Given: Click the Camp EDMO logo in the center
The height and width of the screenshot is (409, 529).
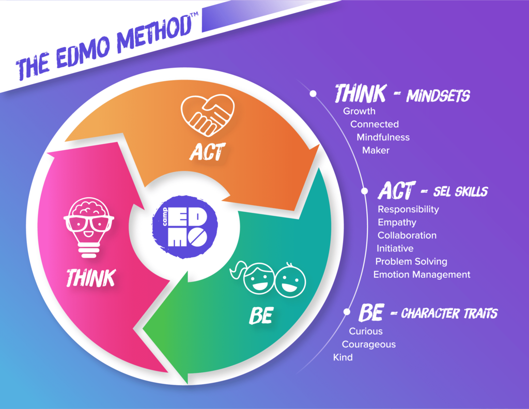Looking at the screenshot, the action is (185, 227).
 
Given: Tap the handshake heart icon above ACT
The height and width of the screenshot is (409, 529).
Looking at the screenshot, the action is (208, 115).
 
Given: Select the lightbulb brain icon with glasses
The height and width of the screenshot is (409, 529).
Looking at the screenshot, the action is (89, 228).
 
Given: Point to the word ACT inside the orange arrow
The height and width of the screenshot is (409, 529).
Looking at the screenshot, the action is (207, 152).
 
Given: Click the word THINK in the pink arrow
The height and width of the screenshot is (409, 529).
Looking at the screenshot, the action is (91, 278).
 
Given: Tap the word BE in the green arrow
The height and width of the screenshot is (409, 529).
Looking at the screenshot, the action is (261, 316).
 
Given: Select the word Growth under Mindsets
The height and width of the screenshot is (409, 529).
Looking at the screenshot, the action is (360, 111).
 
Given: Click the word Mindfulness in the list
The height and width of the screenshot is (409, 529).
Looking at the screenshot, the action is (383, 137).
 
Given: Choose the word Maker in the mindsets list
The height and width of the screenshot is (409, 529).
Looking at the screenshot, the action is (376, 150).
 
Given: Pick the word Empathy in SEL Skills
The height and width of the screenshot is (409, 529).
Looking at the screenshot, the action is (397, 223).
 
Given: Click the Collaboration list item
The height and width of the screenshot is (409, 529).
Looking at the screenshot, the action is (407, 235).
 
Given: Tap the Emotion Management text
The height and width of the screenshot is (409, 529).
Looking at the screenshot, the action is (422, 275).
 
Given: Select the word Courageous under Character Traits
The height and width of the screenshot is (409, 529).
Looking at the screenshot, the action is (369, 344).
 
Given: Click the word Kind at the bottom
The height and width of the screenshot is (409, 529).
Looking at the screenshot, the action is (343, 357).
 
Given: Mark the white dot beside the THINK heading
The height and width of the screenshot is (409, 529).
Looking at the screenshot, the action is (313, 93).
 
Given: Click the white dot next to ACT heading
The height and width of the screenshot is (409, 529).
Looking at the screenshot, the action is (364, 191).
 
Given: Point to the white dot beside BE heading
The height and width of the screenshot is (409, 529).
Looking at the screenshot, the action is (347, 312).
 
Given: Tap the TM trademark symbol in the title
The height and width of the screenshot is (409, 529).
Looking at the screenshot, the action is (194, 14).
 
